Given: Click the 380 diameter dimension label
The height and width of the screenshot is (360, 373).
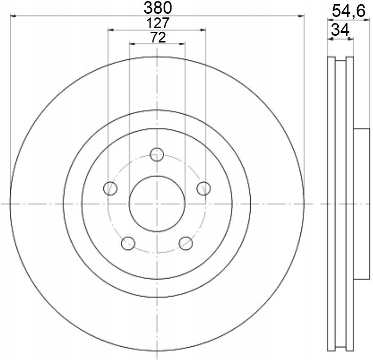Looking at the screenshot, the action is coord(158,8).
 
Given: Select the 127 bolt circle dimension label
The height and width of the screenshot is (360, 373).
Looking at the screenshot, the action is coord(158,23).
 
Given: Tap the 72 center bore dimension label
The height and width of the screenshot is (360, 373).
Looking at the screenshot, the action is coord(158,37).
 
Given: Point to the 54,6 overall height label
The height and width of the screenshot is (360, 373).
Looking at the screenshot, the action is coord(348,11).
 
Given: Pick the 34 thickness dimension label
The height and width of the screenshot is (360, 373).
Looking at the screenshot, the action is coord(340,30).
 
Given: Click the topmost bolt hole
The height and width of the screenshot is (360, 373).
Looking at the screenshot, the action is coord(157,154).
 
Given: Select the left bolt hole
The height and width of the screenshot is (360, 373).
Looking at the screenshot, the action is coord(111,188).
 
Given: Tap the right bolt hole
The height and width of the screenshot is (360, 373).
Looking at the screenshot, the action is coord(204,188).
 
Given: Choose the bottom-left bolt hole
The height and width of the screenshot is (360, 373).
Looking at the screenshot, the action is coord(128,243).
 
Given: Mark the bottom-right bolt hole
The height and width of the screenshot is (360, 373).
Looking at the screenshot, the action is coord(186,243).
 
